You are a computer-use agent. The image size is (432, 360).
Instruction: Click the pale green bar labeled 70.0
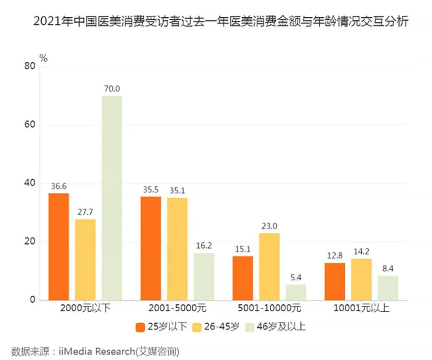[x=112, y=198]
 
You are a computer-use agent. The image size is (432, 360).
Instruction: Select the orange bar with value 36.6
[x=59, y=247]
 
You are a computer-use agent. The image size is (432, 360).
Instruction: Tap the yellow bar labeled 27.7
[x=85, y=259]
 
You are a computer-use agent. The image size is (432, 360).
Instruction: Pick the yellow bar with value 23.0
[x=269, y=266]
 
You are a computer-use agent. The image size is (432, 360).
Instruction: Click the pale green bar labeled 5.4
[x=296, y=292]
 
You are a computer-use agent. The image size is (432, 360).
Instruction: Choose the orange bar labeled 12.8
[x=335, y=281]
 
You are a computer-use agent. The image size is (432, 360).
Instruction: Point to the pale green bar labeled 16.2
[x=204, y=276]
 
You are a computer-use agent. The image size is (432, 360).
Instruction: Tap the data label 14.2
[x=361, y=251]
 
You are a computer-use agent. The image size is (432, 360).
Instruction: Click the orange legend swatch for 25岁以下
[x=140, y=327]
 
